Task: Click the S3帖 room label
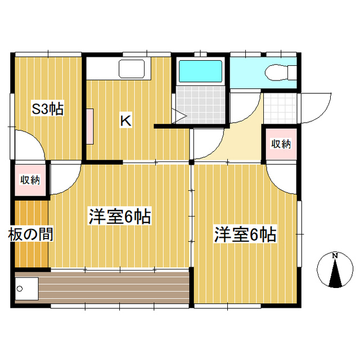47,109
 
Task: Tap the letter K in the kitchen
125,120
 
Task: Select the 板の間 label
30,234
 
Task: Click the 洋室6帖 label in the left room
120,217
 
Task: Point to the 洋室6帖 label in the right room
245,235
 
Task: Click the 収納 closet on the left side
30,180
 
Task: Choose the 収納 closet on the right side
280,143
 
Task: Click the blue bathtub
201,72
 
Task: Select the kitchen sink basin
132,70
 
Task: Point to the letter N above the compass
335,256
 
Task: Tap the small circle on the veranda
20,289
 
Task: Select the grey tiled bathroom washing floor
201,105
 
